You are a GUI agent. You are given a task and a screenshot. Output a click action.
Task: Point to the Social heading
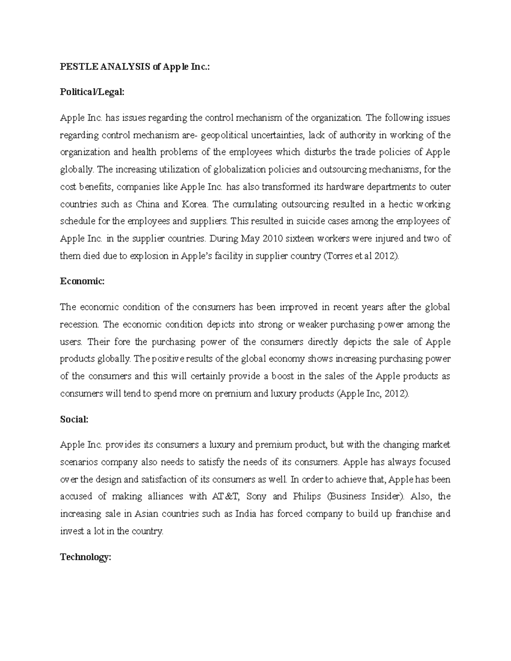pos(74,419)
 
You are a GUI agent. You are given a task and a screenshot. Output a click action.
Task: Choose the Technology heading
pos(85,557)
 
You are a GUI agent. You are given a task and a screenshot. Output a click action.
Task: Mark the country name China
pos(147,204)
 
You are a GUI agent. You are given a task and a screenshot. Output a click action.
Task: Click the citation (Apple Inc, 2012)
pos(373,394)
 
